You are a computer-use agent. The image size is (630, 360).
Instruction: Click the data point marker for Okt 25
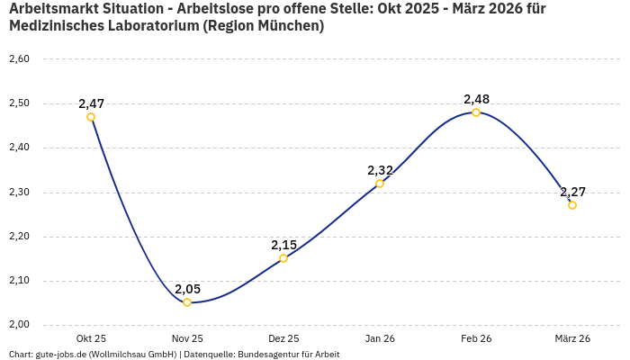(x=91, y=117)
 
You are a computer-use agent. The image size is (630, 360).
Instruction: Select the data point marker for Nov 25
(x=187, y=302)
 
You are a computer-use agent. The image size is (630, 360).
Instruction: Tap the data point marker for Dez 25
(x=283, y=258)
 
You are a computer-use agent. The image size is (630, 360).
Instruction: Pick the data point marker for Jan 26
(x=380, y=184)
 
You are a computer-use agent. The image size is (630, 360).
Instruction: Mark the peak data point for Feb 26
(x=476, y=112)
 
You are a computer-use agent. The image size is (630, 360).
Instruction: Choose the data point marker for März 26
(x=572, y=205)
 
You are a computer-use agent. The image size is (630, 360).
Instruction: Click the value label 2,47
(x=91, y=103)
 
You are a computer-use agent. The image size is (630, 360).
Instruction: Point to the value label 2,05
(x=187, y=289)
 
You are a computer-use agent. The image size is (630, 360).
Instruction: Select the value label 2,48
(x=476, y=99)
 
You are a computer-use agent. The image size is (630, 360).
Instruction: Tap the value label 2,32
(x=380, y=170)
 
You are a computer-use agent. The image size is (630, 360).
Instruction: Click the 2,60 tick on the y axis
(x=19, y=59)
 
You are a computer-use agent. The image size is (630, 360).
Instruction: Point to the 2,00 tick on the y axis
(x=19, y=325)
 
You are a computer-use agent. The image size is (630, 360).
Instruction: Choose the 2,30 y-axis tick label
(x=19, y=193)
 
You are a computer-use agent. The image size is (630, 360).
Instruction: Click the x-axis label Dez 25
(x=283, y=338)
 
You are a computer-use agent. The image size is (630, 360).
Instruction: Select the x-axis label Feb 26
(x=476, y=338)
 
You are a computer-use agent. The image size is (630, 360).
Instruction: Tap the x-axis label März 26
(x=572, y=338)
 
